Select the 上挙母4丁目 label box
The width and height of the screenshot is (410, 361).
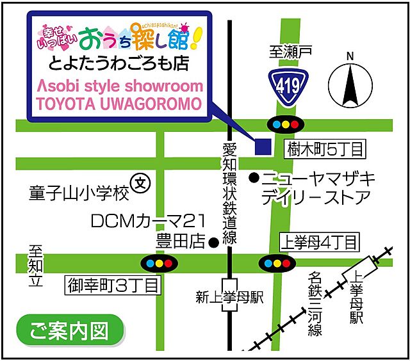pos(320,242)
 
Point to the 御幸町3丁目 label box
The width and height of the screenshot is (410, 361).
pos(112,285)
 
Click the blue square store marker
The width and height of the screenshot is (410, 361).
pos(262,147)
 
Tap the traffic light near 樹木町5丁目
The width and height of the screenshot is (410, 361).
pos(284,124)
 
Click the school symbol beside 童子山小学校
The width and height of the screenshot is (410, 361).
pos(139,184)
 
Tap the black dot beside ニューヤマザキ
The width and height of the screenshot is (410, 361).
pos(254,176)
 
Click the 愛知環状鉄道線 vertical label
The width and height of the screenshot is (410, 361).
pos(229,192)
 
